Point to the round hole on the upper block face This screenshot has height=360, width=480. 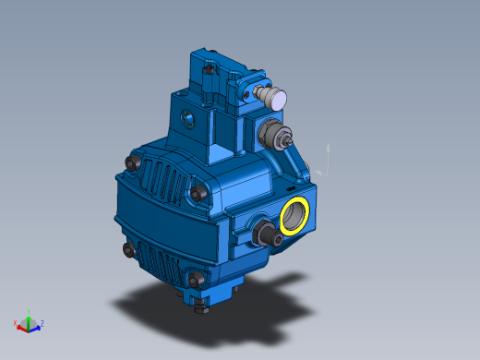coord(190,118)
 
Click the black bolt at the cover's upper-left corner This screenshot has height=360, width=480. coord(131,163)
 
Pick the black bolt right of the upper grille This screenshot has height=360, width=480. coord(198,193)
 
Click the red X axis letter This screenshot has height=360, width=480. coord(15,324)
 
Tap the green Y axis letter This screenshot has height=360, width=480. coord(30,311)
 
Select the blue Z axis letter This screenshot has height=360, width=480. coord(42,324)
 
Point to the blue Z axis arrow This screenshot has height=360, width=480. coord(36,325)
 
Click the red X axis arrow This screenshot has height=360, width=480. coord(21,326)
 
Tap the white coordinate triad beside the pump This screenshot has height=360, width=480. coord(322,162)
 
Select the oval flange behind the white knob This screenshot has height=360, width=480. coord(248,93)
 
